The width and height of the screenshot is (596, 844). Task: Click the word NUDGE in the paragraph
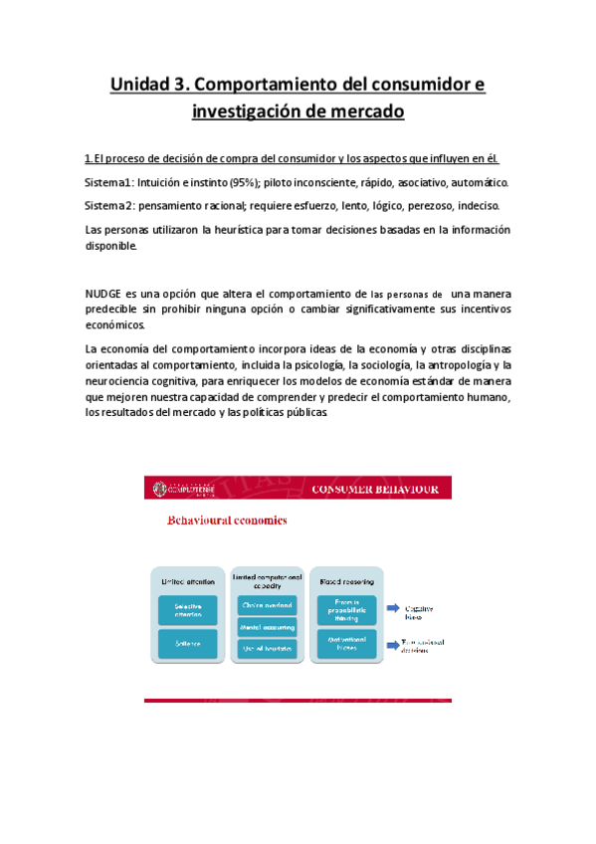103,294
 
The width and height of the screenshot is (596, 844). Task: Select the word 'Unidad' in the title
141,86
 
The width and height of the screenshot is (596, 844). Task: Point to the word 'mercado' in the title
365,111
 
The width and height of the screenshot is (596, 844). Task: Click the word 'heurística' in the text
253,230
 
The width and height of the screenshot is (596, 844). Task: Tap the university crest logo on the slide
161,489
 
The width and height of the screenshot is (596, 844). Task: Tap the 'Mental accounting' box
266,626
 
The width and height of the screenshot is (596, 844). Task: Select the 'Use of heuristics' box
266,649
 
